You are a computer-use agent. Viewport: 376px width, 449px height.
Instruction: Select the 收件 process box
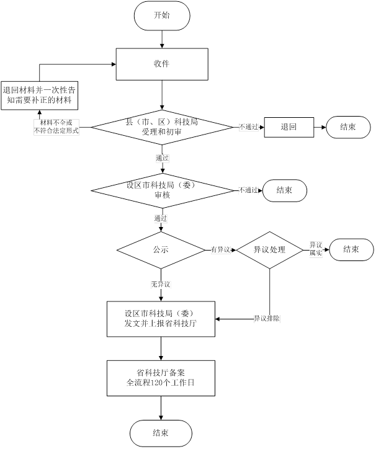coord(161,64)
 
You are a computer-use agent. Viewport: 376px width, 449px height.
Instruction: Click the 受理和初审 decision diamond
coord(161,128)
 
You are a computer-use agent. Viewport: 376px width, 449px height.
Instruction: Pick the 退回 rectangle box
coord(288,127)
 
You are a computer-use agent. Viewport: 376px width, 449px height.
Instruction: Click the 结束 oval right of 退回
coord(348,127)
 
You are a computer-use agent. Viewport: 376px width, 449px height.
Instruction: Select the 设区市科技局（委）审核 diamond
coord(161,190)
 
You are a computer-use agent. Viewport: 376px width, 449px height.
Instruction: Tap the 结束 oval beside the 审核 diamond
coord(284,190)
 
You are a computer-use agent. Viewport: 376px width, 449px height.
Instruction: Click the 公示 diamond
coord(161,249)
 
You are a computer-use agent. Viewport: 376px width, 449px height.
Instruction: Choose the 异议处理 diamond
coord(269,249)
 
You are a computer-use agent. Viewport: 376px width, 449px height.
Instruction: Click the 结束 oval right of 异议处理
coord(351,249)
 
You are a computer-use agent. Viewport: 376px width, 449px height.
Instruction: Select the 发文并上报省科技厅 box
coord(161,319)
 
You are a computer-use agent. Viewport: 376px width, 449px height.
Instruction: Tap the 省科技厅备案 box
coord(161,377)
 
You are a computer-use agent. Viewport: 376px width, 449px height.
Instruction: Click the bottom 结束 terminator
coord(161,432)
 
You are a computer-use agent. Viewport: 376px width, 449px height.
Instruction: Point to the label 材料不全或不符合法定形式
coord(56,128)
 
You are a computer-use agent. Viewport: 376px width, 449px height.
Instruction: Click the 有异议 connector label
coord(220,250)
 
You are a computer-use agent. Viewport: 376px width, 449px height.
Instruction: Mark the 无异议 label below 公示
coord(160,284)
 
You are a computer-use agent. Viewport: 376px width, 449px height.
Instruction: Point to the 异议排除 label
coord(266,319)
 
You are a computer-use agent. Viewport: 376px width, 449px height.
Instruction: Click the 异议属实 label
coord(316,249)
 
